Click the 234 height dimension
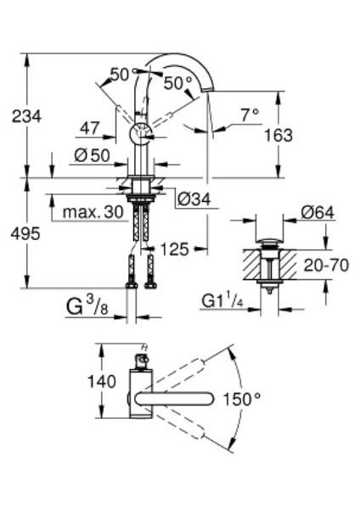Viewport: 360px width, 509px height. pyautogui.click(x=25, y=116)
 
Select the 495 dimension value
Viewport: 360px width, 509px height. pyautogui.click(x=25, y=234)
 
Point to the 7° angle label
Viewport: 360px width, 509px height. pyautogui.click(x=248, y=114)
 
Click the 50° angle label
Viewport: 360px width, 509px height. pyautogui.click(x=178, y=83)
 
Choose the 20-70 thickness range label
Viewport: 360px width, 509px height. pyautogui.click(x=327, y=265)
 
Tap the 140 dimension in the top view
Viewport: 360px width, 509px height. pyautogui.click(x=102, y=381)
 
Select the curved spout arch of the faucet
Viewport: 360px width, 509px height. pyautogui.click(x=183, y=62)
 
